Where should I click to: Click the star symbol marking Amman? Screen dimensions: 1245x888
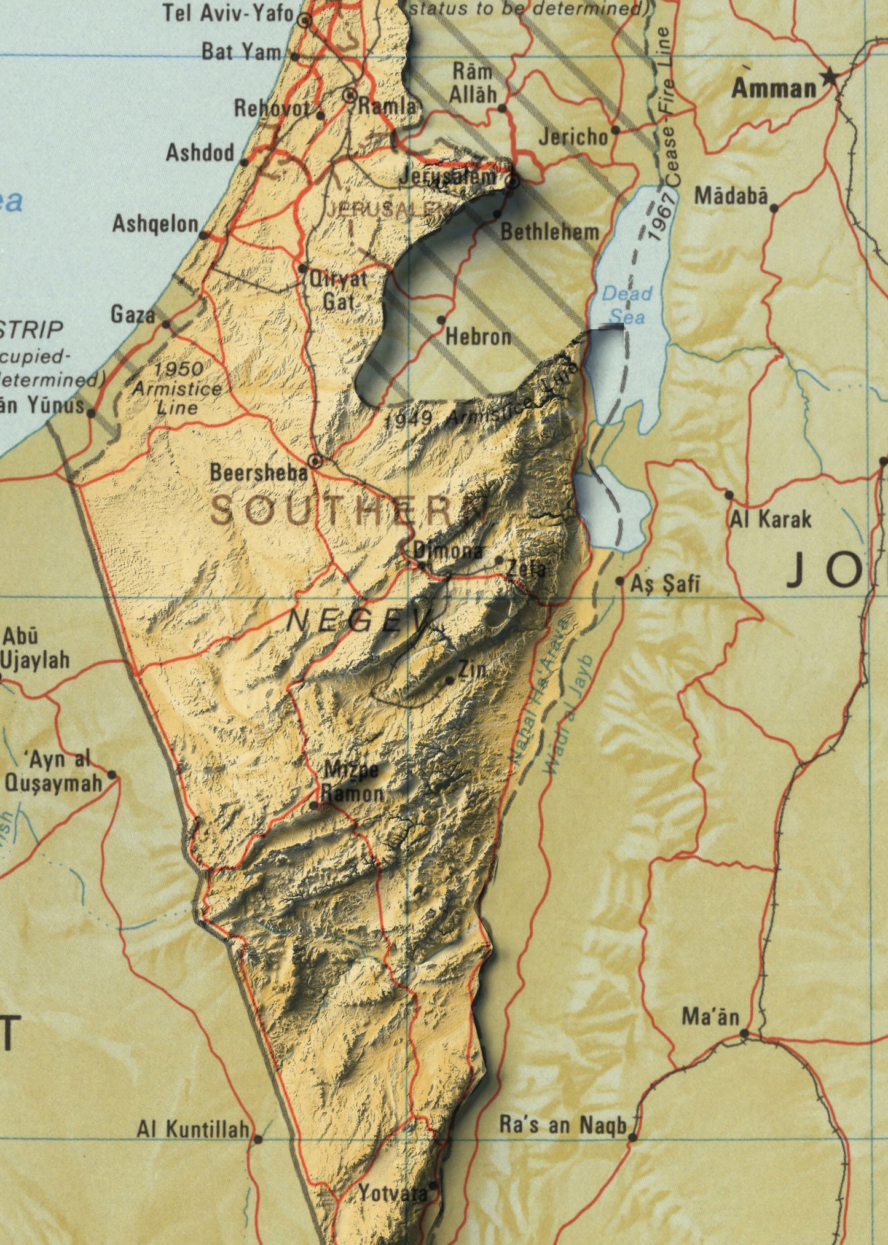tap(830, 77)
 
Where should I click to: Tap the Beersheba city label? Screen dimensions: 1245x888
tap(258, 472)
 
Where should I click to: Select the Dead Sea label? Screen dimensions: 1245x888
tap(626, 305)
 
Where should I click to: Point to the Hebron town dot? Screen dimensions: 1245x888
tap(441, 320)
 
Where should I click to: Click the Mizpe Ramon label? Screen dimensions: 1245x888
tap(353, 781)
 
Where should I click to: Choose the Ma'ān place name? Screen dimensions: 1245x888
tap(710, 1017)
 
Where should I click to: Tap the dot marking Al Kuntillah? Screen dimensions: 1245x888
tap(258, 1139)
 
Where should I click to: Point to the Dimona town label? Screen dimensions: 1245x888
tap(448, 551)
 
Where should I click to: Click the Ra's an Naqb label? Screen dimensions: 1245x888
tap(562, 1125)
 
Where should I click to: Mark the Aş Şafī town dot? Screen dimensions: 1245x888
tap(619, 580)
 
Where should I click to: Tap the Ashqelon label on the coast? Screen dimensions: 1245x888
tap(155, 224)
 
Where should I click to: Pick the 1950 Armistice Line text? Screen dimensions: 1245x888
tap(177, 388)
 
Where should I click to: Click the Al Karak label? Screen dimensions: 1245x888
tap(771, 520)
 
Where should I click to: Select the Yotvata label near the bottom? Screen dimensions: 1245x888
tap(392, 1193)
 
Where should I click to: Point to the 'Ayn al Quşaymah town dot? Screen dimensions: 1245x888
tap(112, 775)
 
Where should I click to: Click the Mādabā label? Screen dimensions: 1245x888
tap(731, 196)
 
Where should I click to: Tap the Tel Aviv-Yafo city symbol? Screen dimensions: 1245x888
tap(304, 21)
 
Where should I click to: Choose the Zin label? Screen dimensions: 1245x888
tap(471, 669)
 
